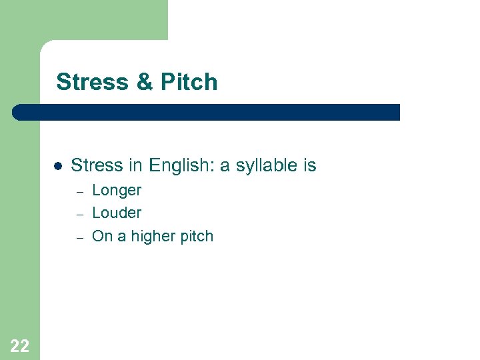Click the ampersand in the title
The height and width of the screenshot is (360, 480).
(x=144, y=82)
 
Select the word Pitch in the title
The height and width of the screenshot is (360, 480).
(x=189, y=82)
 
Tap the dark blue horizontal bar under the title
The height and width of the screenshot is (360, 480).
(x=207, y=112)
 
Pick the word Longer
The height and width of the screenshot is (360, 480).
(x=117, y=191)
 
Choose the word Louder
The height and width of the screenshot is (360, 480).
(x=117, y=213)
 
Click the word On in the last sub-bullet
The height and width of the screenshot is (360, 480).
(x=103, y=236)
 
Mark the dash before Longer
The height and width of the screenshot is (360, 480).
(x=79, y=192)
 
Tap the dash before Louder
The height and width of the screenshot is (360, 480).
(x=79, y=215)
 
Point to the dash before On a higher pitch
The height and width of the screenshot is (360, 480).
(x=79, y=237)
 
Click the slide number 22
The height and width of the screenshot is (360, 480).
(x=20, y=345)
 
